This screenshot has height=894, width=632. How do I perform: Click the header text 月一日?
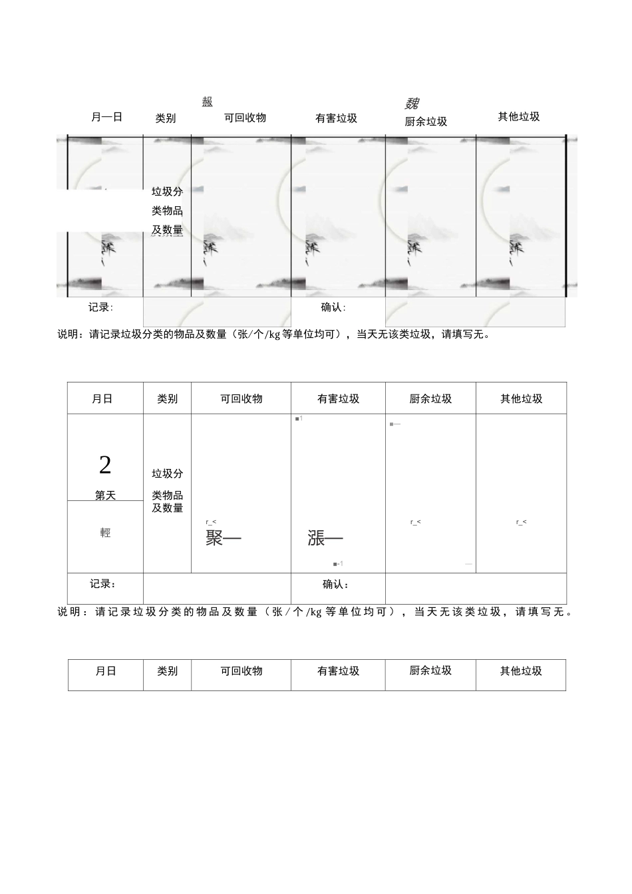(106, 117)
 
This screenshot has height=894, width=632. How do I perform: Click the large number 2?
(105, 465)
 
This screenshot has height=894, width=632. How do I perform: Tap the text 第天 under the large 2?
(105, 496)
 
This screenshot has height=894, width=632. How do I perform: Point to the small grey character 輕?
(105, 533)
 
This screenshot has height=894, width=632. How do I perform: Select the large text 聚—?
(223, 538)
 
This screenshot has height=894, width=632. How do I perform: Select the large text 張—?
(325, 538)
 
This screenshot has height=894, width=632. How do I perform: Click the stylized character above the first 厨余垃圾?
(412, 103)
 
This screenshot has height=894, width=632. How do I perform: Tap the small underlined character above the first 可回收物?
(208, 102)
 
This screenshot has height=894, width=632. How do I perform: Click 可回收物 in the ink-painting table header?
(245, 118)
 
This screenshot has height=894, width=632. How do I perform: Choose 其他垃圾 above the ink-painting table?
(519, 117)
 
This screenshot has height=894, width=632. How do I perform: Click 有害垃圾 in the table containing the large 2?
(338, 399)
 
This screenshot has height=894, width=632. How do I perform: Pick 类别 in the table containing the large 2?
(167, 399)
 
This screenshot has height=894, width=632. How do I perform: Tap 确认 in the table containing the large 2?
(335, 584)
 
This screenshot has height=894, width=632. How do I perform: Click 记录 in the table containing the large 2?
(102, 583)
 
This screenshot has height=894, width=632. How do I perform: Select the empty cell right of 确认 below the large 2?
(476, 589)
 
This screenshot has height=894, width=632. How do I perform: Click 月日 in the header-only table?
(106, 671)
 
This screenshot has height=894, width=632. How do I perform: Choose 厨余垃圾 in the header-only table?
(430, 670)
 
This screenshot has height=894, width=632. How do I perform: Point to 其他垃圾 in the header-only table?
(521, 671)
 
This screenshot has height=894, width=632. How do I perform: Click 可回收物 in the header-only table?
(241, 671)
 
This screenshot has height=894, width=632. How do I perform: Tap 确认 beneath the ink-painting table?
(333, 307)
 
